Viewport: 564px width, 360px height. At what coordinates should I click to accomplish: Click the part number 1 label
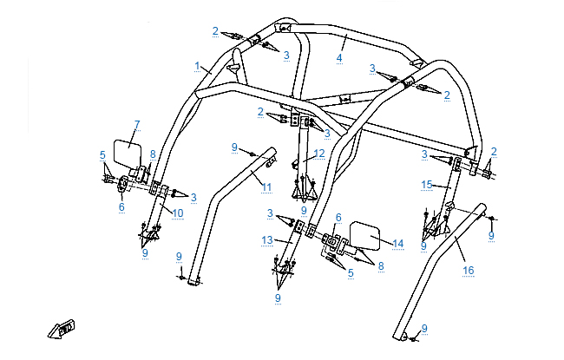click(198, 65)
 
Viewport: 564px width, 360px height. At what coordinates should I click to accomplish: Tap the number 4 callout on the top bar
click(340, 59)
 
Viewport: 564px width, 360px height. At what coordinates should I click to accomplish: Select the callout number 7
click(137, 125)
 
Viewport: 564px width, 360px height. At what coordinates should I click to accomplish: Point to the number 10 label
click(177, 213)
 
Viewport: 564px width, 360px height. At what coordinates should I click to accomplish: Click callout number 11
click(266, 187)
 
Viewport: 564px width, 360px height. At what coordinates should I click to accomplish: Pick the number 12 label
click(319, 154)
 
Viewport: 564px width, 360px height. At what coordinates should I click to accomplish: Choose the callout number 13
click(267, 239)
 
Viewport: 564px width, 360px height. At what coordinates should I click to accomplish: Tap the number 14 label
click(398, 245)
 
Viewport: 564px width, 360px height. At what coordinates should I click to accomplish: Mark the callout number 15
click(426, 185)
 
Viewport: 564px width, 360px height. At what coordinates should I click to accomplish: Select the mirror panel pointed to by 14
click(363, 238)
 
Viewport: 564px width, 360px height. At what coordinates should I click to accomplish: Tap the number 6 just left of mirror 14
click(338, 218)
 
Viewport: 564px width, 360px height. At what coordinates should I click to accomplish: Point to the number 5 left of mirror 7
click(102, 156)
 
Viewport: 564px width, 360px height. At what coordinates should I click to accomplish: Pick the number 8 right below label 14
click(380, 266)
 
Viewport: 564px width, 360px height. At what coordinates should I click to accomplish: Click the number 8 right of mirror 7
click(153, 154)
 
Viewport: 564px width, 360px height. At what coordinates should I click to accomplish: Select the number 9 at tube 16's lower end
click(424, 328)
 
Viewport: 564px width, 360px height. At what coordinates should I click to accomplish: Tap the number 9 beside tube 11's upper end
click(235, 147)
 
